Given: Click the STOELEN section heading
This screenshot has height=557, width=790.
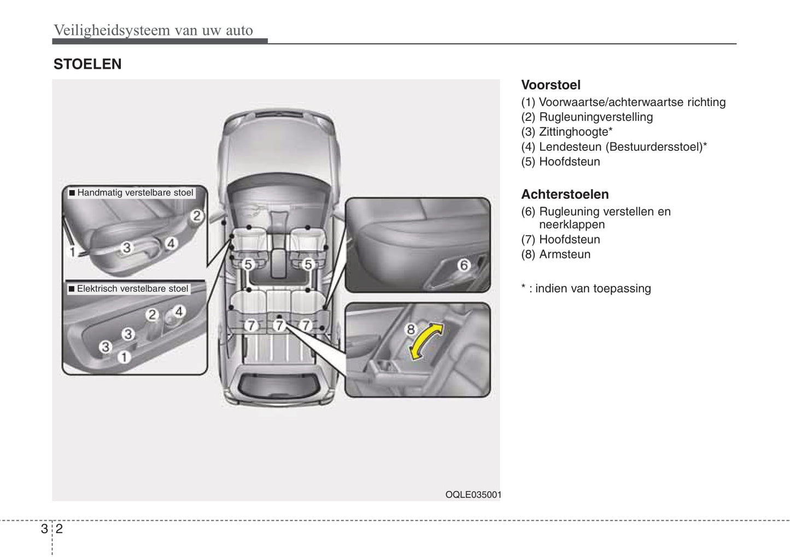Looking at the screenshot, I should pos(87,65).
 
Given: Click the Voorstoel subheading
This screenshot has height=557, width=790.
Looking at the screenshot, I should pos(551,85).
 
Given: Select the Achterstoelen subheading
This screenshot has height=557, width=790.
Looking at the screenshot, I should pos(565,195).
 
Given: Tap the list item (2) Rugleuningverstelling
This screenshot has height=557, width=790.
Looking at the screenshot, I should pos(587,117).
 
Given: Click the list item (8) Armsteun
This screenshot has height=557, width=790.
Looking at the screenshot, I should pos(556,254).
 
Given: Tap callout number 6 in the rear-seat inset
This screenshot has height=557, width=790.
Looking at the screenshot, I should pos(464,266).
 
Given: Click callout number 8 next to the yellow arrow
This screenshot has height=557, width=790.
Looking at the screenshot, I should pos(411,329).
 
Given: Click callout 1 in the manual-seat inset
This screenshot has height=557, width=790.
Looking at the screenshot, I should pos(72,252).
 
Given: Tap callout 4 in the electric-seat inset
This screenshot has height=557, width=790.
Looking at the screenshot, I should pos(179,312).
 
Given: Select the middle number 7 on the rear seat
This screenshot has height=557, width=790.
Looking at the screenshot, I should pos(279,326).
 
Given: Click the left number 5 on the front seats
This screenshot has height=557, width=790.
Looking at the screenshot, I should pos(248,265).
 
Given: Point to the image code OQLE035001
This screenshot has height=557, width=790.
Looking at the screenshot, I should pos(473,495).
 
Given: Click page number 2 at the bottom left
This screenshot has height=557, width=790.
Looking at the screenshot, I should pos(59,529).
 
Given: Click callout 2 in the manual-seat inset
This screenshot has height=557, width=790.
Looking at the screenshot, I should pos(196,216).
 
